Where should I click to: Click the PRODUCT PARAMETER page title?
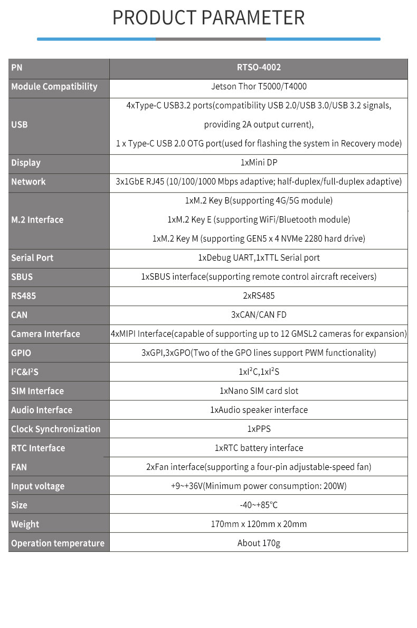(209, 17)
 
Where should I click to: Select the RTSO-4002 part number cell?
(259, 68)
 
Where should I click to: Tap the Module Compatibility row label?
(54, 87)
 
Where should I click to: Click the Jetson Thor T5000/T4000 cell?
(259, 87)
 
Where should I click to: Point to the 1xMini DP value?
(259, 163)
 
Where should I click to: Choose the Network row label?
(29, 182)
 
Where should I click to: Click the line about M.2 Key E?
(259, 220)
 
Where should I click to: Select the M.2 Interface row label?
(37, 220)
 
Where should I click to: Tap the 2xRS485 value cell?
(259, 296)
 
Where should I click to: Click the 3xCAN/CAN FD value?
(259, 315)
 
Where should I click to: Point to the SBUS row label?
(22, 277)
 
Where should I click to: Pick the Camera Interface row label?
(45, 334)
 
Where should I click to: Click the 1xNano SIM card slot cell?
(259, 391)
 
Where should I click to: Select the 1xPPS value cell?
(259, 429)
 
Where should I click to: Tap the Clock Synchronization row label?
(55, 429)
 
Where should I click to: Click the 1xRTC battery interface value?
(259, 448)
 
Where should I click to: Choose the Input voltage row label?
(37, 486)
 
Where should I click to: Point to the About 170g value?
(259, 543)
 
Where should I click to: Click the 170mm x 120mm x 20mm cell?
(259, 524)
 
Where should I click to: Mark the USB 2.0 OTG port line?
(259, 144)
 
